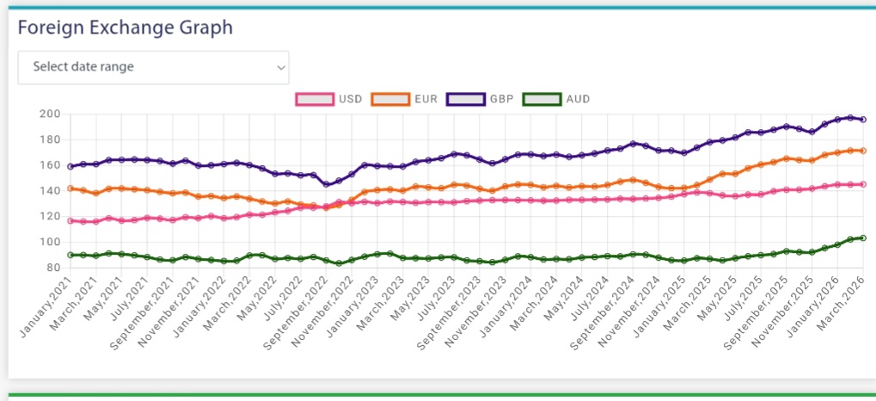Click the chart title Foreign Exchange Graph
(x=126, y=28)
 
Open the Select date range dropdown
(x=153, y=67)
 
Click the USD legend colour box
(x=315, y=99)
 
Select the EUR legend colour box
(x=390, y=99)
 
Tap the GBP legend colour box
(x=465, y=99)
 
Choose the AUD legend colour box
(x=541, y=99)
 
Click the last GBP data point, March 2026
(x=862, y=120)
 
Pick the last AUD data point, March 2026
(x=862, y=238)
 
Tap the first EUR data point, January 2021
(x=70, y=188)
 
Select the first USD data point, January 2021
(x=70, y=221)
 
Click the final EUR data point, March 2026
(x=862, y=151)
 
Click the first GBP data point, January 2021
(x=70, y=166)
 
